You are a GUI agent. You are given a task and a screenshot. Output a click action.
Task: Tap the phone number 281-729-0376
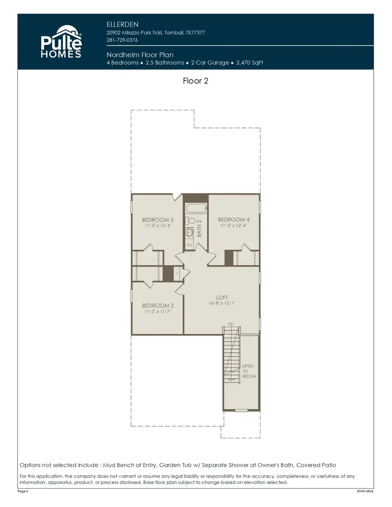pyautogui.click(x=122, y=40)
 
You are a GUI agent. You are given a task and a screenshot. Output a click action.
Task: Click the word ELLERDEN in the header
pyautogui.click(x=122, y=24)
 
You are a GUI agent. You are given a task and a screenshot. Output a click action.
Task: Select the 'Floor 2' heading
pyautogui.click(x=196, y=81)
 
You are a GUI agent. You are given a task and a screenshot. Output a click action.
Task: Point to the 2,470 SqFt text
pyautogui.click(x=250, y=63)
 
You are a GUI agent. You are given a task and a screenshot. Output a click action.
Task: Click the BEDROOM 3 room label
pyautogui.click(x=158, y=220)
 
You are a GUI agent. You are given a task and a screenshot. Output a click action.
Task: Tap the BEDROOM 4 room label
pyautogui.click(x=234, y=220)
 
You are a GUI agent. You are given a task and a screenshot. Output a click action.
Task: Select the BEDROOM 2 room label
pyautogui.click(x=158, y=306)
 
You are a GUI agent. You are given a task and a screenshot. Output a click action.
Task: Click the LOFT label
pyautogui.click(x=222, y=298)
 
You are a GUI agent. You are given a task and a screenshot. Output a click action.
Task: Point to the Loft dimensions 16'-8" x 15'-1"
pyautogui.click(x=222, y=304)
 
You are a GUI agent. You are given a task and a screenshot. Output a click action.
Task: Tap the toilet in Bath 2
pyautogui.click(x=192, y=221)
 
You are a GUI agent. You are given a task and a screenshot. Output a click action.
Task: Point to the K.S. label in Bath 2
pyautogui.click(x=190, y=245)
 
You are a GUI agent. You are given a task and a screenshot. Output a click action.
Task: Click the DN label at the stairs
pyautogui.click(x=230, y=324)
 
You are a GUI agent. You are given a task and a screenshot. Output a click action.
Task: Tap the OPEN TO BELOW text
pyautogui.click(x=249, y=371)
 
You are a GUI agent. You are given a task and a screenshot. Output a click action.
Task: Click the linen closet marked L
pyautogui.click(x=178, y=273)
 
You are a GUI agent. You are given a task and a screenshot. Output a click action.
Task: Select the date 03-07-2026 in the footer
pyautogui.click(x=365, y=491)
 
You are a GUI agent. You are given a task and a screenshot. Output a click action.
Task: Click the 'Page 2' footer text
pyautogui.click(x=24, y=491)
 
